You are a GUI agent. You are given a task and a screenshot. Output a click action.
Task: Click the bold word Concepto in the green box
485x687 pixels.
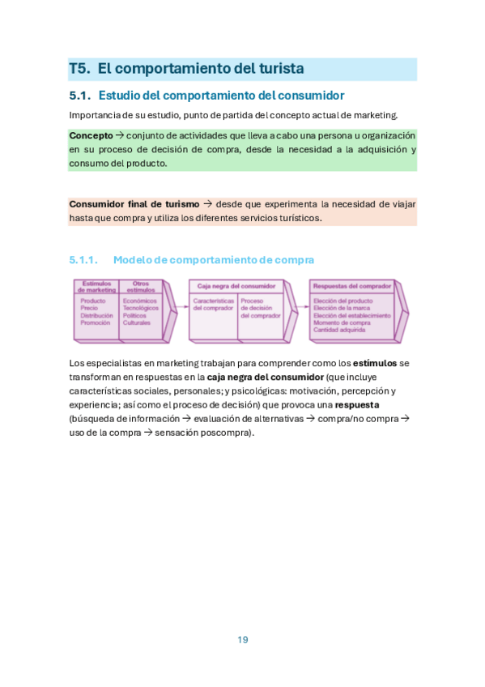click(x=91, y=135)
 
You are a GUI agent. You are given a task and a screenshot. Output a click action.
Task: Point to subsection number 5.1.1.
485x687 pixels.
click(x=83, y=260)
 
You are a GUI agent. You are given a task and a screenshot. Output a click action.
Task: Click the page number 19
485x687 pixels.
click(x=243, y=639)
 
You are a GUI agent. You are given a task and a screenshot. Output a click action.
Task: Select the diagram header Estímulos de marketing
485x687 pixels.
click(x=97, y=286)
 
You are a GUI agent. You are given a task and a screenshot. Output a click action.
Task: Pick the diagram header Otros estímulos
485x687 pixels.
click(x=140, y=286)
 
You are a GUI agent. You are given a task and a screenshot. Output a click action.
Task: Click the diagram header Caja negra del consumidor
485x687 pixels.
click(x=236, y=285)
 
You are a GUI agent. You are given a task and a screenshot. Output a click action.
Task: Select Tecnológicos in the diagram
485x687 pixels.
click(x=141, y=308)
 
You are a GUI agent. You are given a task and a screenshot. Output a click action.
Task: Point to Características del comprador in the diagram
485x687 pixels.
click(x=214, y=304)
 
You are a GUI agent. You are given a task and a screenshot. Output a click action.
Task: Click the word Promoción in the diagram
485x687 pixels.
click(x=95, y=322)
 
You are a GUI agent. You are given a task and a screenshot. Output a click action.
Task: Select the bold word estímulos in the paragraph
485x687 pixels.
click(x=376, y=363)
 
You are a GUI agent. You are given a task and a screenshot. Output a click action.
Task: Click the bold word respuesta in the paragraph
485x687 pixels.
click(x=356, y=404)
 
